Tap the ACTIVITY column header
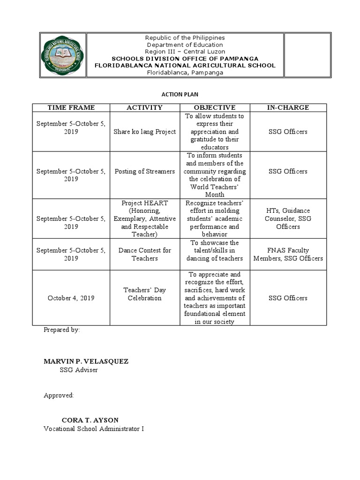(144, 108)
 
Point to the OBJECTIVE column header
(215, 108)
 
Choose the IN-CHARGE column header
(288, 108)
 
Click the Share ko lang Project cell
(144, 132)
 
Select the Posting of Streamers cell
(144, 172)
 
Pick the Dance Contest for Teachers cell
(144, 255)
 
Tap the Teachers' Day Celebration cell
(144, 294)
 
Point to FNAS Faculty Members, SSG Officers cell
(288, 255)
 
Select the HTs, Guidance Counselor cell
(288, 219)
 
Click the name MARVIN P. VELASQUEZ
(86, 361)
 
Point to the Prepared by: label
(61, 330)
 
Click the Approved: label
(59, 395)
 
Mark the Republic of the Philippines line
(185, 37)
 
